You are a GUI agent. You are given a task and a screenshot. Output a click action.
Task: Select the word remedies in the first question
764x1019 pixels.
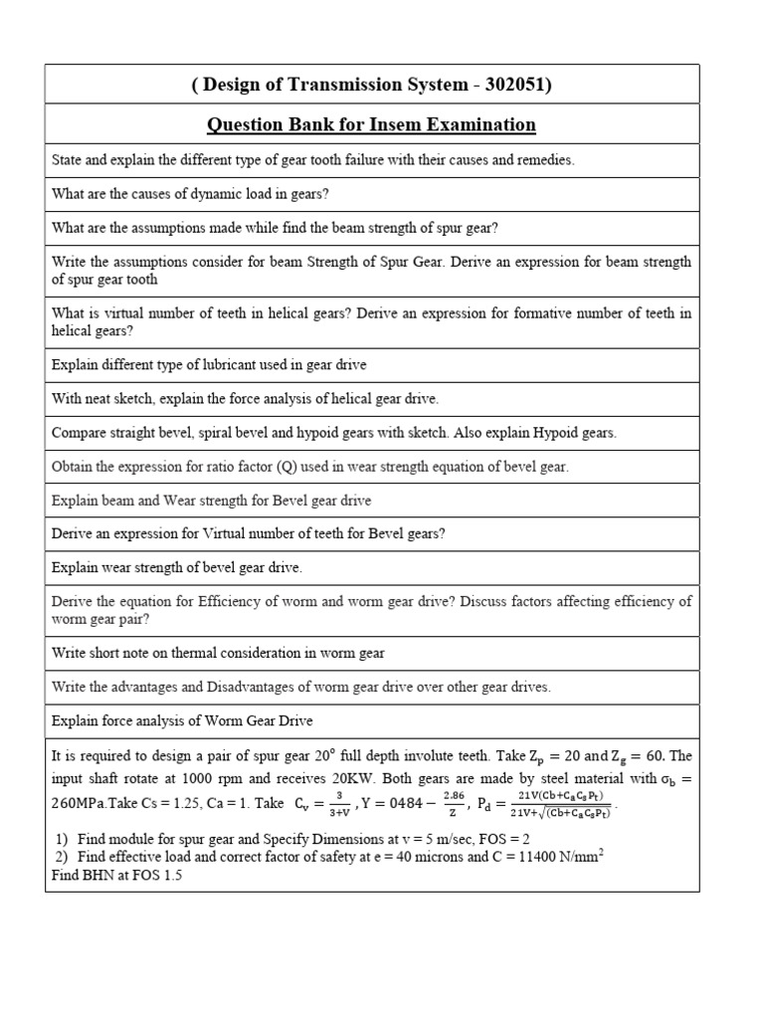544,160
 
